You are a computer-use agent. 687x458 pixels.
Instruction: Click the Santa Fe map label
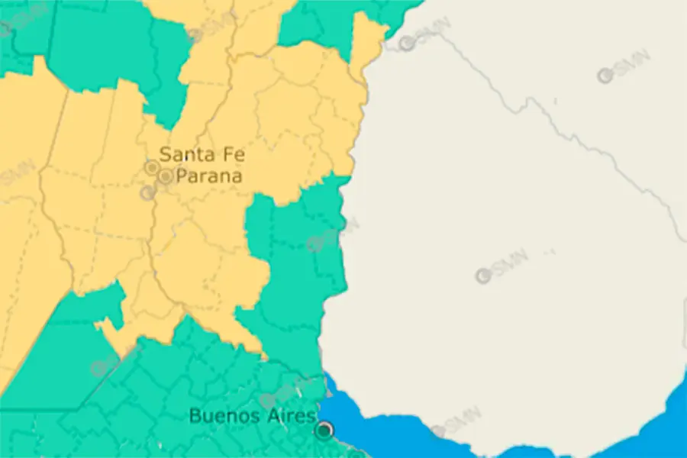202,155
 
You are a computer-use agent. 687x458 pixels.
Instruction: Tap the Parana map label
208,176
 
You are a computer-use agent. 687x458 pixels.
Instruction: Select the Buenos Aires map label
252,416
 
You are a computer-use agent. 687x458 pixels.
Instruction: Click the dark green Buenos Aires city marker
325,431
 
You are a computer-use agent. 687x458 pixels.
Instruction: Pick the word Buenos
221,416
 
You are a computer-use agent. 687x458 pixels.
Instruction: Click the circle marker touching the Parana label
165,177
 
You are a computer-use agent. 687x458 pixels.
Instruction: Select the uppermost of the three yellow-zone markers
152,166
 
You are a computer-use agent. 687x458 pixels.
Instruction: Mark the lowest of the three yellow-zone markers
147,193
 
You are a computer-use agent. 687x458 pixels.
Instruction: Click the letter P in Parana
182,176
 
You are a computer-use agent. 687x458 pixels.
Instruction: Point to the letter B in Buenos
195,416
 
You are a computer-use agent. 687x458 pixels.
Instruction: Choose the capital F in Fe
227,155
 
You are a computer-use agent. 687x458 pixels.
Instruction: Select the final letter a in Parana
237,177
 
